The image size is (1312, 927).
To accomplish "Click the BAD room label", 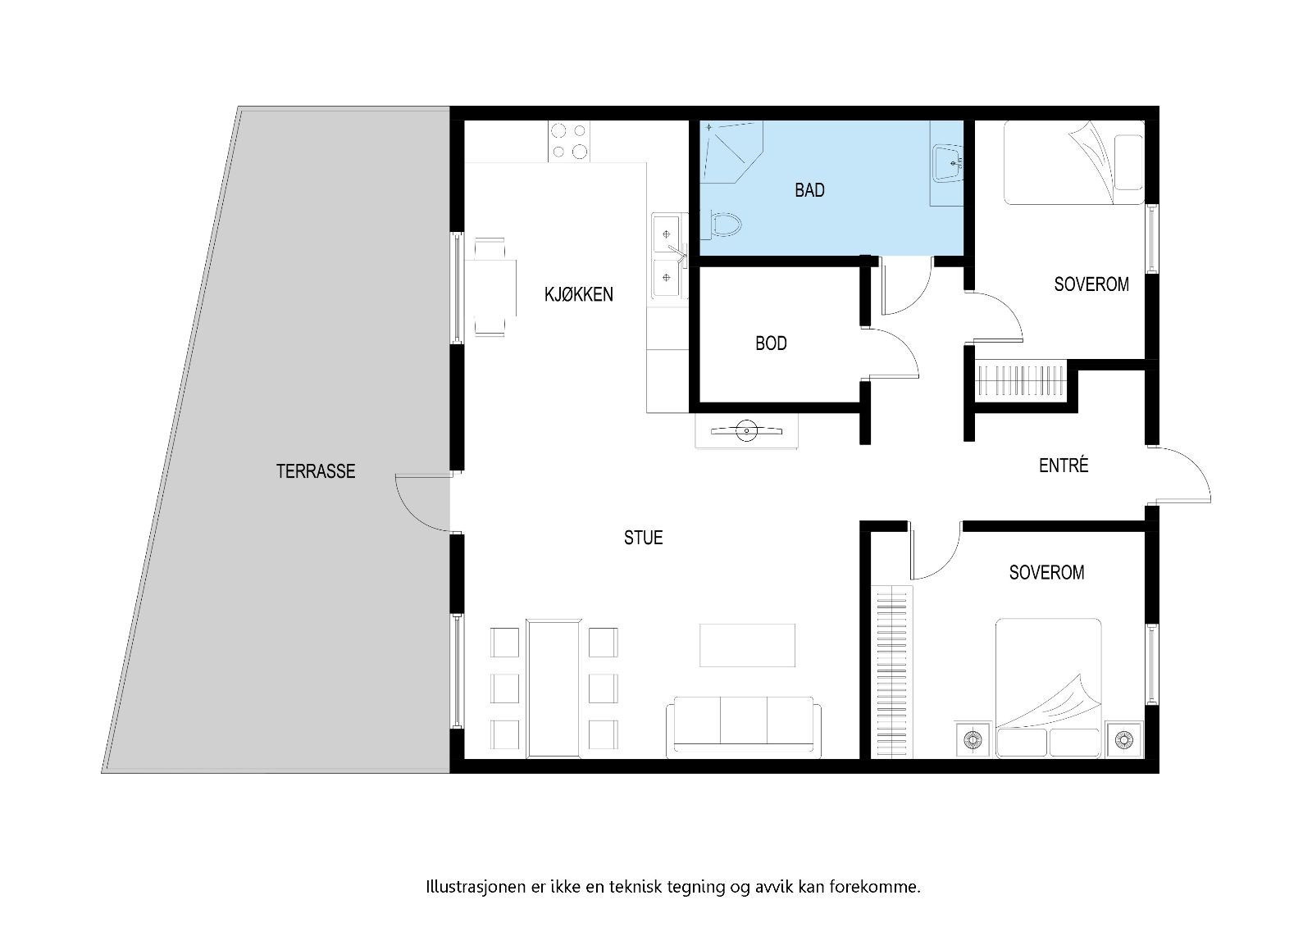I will (809, 190).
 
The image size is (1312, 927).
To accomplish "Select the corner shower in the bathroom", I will (731, 152).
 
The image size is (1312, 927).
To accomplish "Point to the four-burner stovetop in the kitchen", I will (569, 141).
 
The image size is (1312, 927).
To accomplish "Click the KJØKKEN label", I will (578, 294).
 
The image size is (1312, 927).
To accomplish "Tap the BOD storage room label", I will (771, 343).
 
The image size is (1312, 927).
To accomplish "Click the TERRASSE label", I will (316, 471).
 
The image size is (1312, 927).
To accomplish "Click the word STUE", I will (643, 538).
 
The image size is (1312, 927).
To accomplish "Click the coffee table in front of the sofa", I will (747, 645).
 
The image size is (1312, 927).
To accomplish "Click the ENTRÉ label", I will (1063, 466).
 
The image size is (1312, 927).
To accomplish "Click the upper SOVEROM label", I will (1091, 284).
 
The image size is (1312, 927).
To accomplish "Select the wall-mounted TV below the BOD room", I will (746, 429).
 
